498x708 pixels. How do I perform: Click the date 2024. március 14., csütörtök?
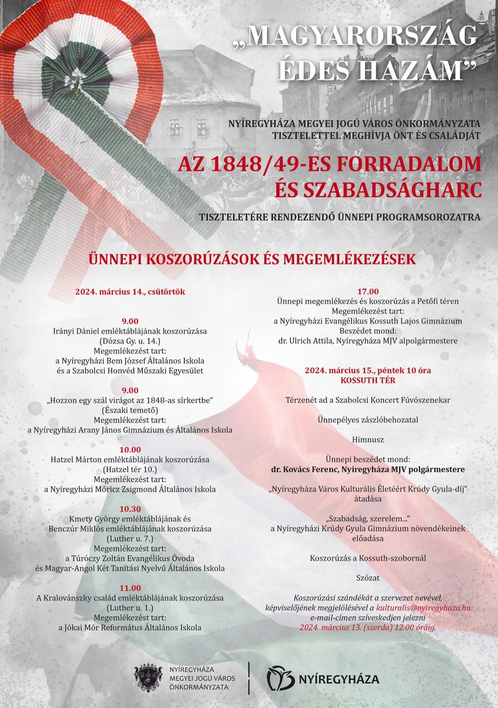tap(130, 292)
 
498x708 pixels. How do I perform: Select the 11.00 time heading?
tap(130, 588)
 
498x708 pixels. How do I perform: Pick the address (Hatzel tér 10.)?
tap(130, 470)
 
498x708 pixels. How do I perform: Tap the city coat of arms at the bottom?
tap(148, 677)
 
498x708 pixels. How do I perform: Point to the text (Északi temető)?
tap(130, 410)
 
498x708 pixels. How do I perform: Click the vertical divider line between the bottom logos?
tap(249, 678)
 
